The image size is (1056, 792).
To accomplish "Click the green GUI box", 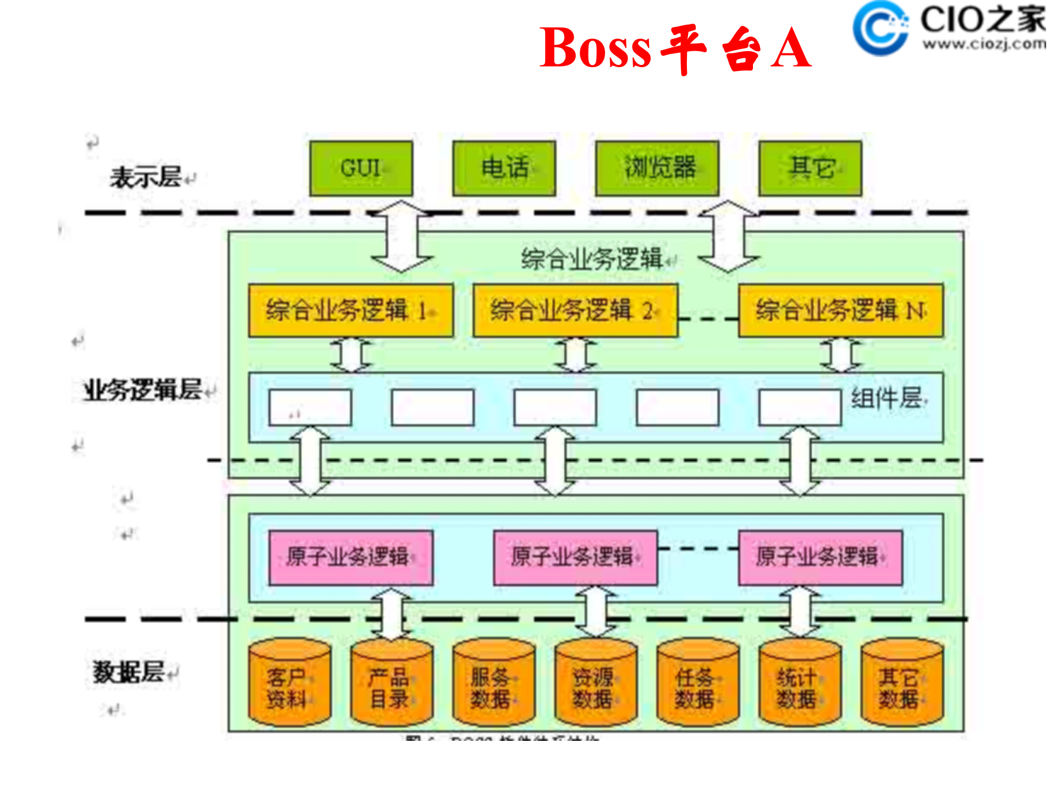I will [361, 168].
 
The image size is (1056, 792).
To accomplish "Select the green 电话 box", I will [504, 168].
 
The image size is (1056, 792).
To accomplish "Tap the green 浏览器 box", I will [657, 168].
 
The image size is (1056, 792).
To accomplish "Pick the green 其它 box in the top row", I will [810, 168].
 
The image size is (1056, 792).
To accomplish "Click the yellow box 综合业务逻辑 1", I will [351, 311].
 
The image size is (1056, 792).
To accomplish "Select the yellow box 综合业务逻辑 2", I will [575, 311].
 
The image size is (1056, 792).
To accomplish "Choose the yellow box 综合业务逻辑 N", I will [840, 311].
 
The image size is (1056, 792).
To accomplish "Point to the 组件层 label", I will [887, 398].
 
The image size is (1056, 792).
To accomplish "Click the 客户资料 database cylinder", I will [289, 683].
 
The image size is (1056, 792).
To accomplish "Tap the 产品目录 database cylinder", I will [392, 683].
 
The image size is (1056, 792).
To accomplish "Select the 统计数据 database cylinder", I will [800, 683].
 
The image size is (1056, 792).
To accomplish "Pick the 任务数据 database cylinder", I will [697, 683].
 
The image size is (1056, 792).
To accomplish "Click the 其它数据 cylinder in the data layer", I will [902, 683].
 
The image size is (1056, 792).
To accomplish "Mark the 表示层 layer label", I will [146, 178].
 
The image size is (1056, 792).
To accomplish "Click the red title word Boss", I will [595, 48].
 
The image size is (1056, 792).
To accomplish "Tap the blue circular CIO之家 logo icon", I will [880, 28].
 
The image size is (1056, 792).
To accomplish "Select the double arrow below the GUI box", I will [402, 237].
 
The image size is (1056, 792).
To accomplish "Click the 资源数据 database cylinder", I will [596, 683].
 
